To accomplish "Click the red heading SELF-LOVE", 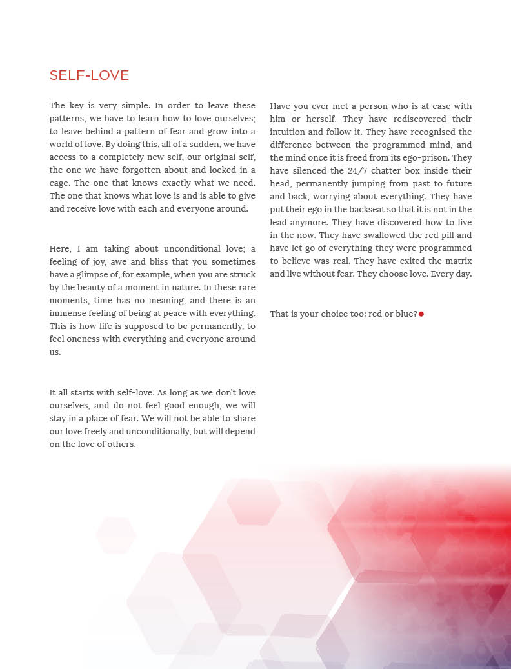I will (x=89, y=75).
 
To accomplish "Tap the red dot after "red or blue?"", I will (x=421, y=314).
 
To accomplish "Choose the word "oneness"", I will (x=91, y=339).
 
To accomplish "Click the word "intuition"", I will (x=290, y=132).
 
